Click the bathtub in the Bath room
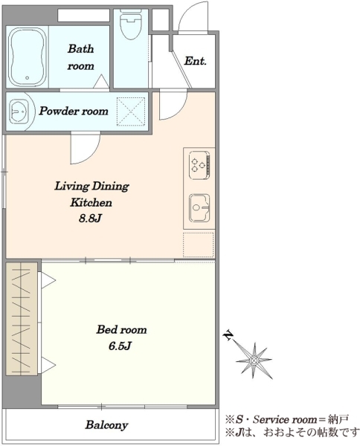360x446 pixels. click(x=28, y=57)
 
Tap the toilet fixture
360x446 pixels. click(x=131, y=25)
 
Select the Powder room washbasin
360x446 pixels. click(x=19, y=111)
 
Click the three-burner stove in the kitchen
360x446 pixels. click(x=199, y=165)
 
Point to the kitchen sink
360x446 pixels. click(x=199, y=207)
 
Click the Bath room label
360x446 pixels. click(x=80, y=57)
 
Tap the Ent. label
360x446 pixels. click(x=195, y=61)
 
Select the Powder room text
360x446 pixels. click(x=74, y=111)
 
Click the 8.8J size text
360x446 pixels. click(x=90, y=219)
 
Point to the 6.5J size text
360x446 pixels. click(x=120, y=346)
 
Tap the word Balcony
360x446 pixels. click(x=106, y=425)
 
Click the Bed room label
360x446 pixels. click(x=121, y=329)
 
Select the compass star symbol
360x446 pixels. click(x=254, y=361)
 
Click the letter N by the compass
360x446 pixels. click(x=228, y=335)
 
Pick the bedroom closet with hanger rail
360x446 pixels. click(x=22, y=319)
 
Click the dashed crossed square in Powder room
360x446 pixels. click(x=131, y=111)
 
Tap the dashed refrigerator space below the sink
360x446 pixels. click(x=199, y=245)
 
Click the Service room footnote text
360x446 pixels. click(x=287, y=419)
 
